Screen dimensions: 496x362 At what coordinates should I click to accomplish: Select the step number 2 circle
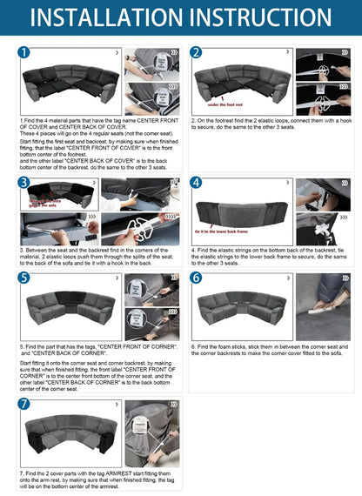(x=197, y=53)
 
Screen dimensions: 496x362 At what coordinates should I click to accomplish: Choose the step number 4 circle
(x=197, y=183)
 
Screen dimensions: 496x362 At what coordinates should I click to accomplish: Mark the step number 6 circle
(x=197, y=278)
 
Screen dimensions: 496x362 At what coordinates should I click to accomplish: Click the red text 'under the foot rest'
(x=225, y=104)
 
